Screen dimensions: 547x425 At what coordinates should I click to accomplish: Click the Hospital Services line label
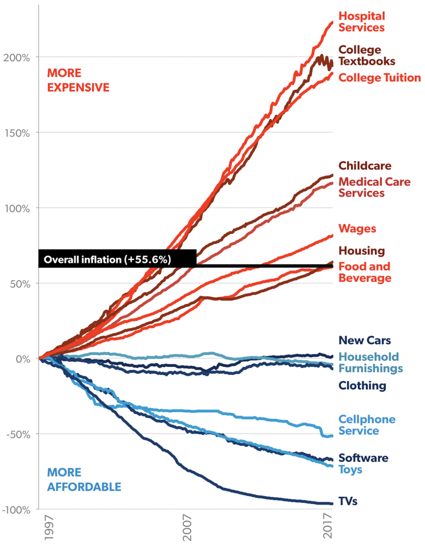[x=361, y=22]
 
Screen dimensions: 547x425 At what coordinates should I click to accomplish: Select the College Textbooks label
[x=367, y=55]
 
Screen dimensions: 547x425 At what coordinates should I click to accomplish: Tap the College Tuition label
[x=380, y=78]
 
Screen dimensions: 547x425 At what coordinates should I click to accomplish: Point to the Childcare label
[x=365, y=165]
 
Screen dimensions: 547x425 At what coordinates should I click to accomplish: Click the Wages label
[x=357, y=228]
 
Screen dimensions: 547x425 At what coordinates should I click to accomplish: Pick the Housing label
[x=361, y=251]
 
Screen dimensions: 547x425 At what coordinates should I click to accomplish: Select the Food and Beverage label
[x=365, y=272]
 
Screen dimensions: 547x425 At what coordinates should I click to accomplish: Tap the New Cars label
[x=365, y=340]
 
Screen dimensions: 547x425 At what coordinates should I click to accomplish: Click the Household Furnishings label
[x=370, y=362]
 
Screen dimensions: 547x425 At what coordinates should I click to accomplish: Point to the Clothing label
[x=362, y=386]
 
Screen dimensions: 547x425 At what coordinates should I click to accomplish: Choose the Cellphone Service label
[x=367, y=425]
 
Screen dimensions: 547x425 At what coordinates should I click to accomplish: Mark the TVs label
[x=348, y=502]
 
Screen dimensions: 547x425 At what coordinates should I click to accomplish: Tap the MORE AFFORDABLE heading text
[x=84, y=480]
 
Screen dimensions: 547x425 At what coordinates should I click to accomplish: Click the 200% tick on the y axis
[x=18, y=57]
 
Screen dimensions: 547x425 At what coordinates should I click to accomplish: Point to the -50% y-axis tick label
[x=18, y=434]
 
